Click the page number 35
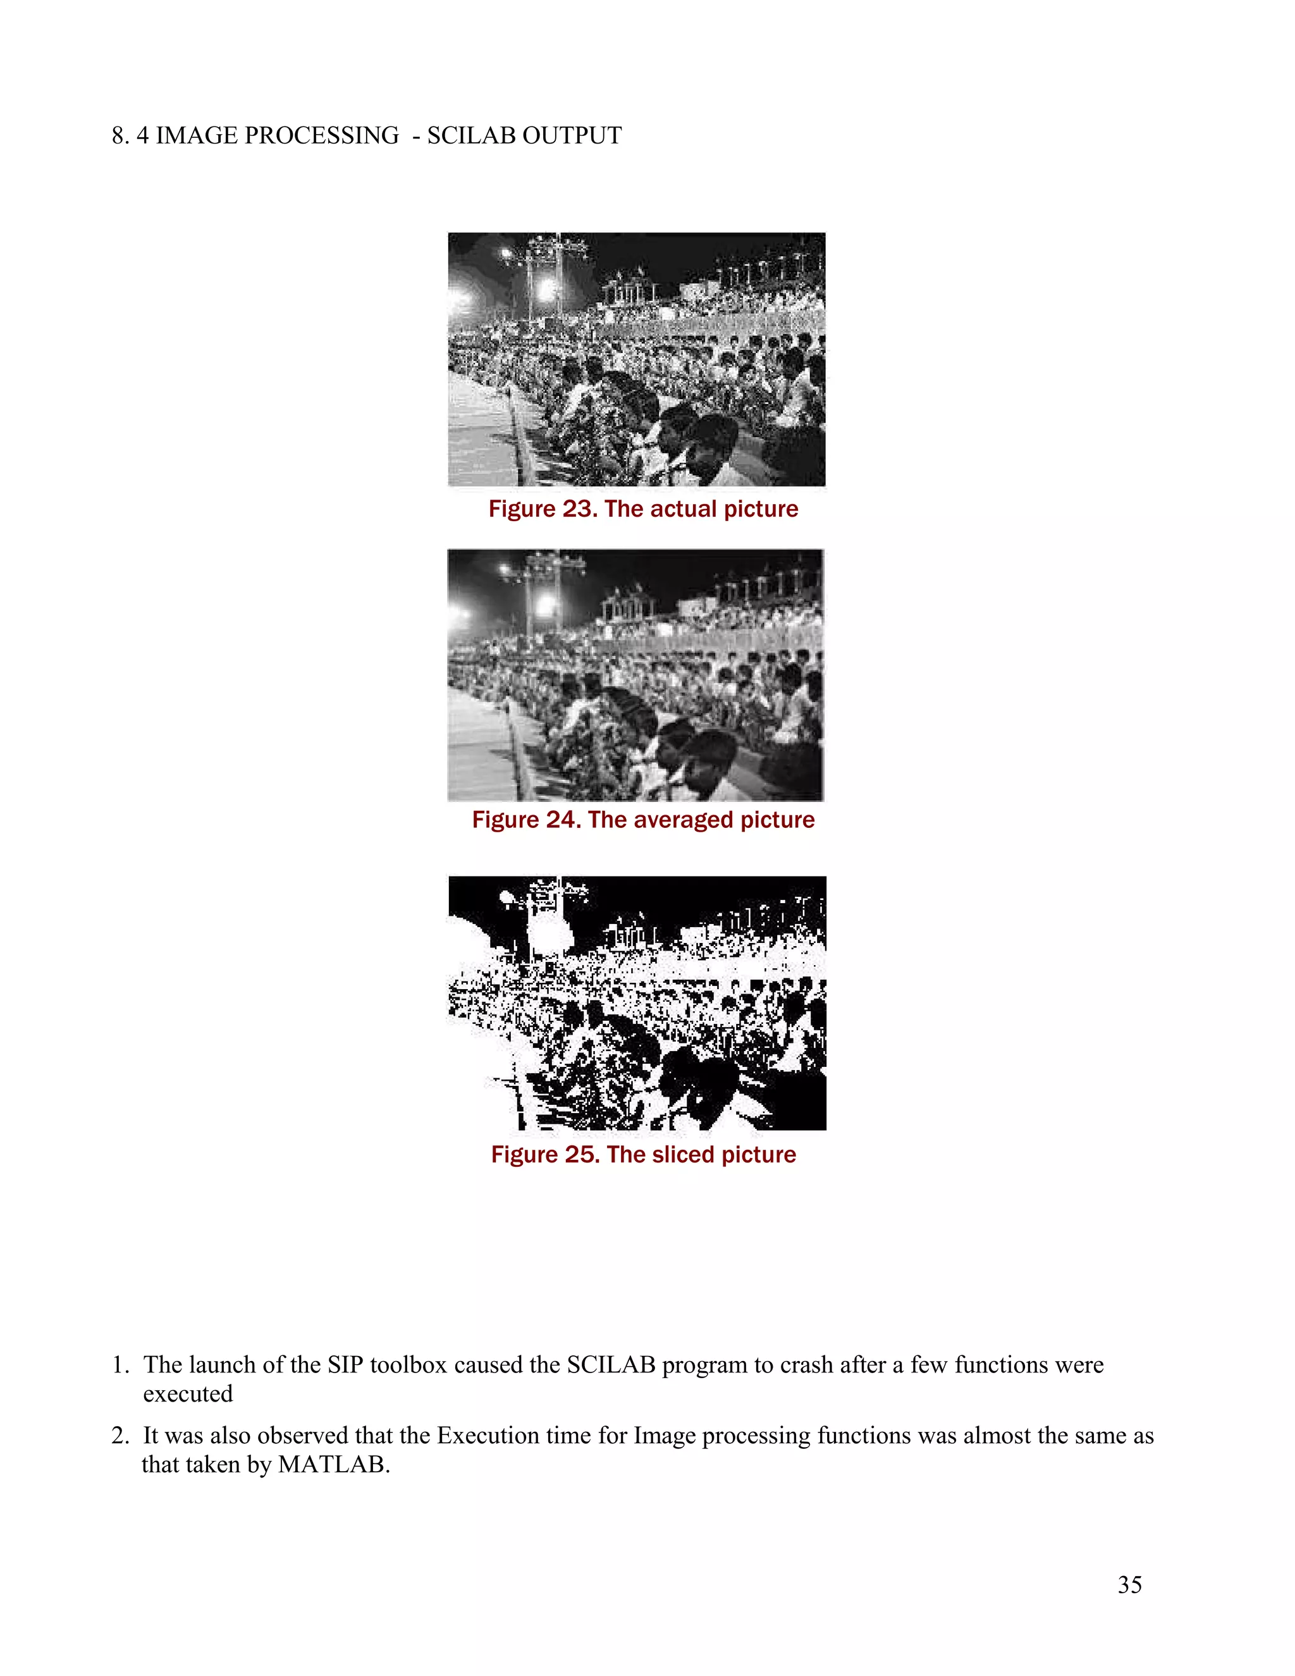tap(1129, 1585)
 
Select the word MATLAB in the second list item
tap(333, 1464)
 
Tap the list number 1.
tap(118, 1365)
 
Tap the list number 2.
tap(118, 1436)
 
